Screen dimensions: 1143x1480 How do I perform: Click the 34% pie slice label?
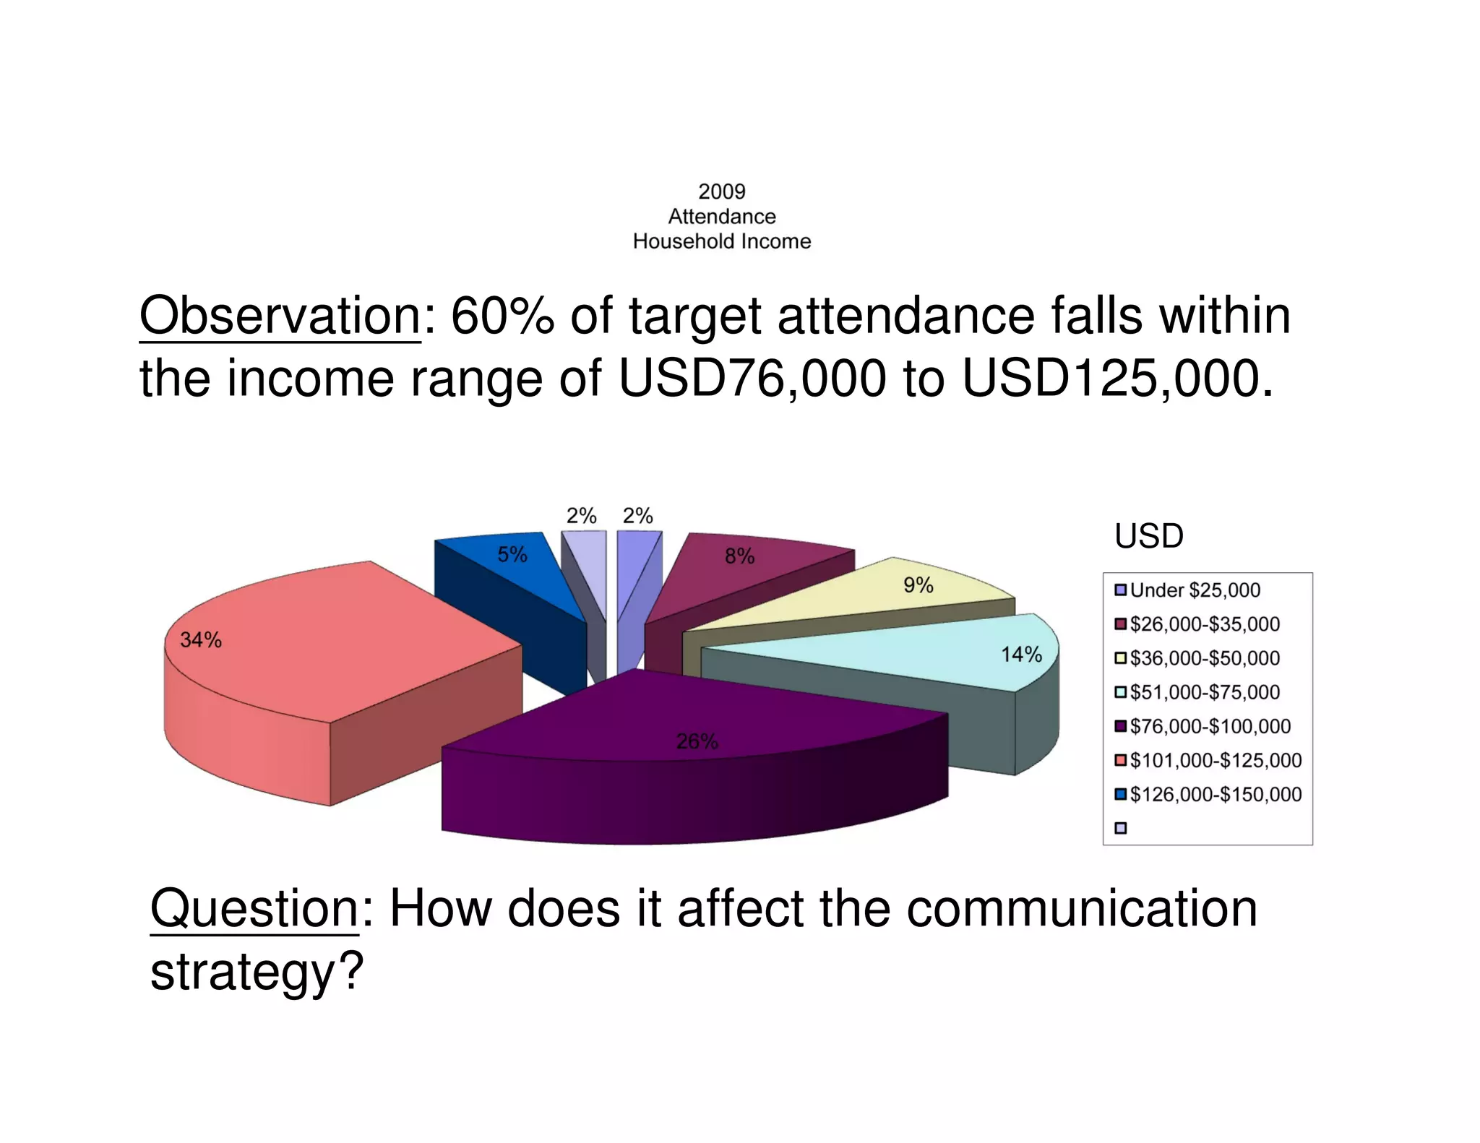click(x=201, y=639)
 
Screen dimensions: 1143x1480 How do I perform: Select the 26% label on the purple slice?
click(x=697, y=741)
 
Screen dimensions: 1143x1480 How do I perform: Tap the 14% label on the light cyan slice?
click(x=1020, y=655)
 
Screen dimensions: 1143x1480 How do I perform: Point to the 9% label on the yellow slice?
click(x=918, y=585)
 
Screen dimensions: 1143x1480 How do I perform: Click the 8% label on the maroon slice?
click(x=739, y=556)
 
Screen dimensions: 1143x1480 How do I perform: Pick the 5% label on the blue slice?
click(x=512, y=554)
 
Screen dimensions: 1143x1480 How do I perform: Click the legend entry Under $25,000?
click(x=1195, y=590)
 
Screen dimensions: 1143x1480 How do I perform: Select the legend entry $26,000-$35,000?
click(x=1204, y=624)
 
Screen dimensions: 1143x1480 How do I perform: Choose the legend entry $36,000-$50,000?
click(x=1204, y=658)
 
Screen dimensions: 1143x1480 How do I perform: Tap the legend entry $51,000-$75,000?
click(x=1204, y=692)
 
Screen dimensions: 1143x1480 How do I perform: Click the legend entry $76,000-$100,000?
click(x=1210, y=726)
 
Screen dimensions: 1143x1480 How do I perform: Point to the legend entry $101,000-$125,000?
click(x=1215, y=760)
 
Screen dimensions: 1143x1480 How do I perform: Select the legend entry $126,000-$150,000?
click(x=1215, y=794)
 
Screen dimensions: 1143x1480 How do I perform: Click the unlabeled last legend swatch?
click(x=1121, y=828)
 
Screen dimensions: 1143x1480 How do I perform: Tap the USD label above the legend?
click(x=1148, y=536)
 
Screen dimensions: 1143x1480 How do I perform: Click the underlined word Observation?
click(x=280, y=316)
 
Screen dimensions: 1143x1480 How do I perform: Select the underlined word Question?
click(x=254, y=908)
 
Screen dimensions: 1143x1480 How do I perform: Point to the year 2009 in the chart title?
click(x=721, y=191)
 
